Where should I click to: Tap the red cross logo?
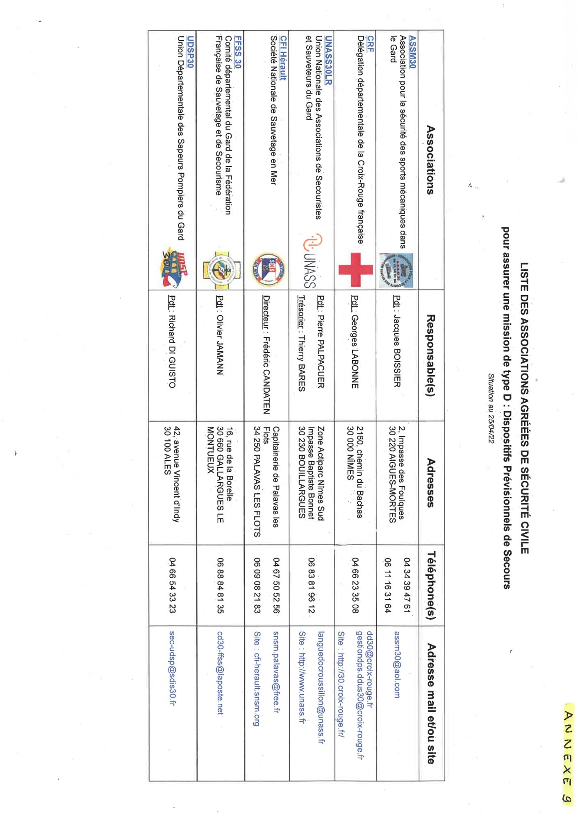point(355,269)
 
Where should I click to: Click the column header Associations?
point(430,159)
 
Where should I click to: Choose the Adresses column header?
point(430,482)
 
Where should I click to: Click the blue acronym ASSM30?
point(412,52)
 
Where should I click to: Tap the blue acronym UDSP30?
point(190,52)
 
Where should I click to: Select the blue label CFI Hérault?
point(283,58)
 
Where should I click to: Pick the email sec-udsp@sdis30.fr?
point(173,668)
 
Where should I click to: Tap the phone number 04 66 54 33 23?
point(173,585)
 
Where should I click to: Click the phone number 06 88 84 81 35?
point(221,585)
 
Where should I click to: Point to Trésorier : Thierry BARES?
point(302,343)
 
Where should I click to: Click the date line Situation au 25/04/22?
point(491,408)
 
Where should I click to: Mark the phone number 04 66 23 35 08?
point(355,585)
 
